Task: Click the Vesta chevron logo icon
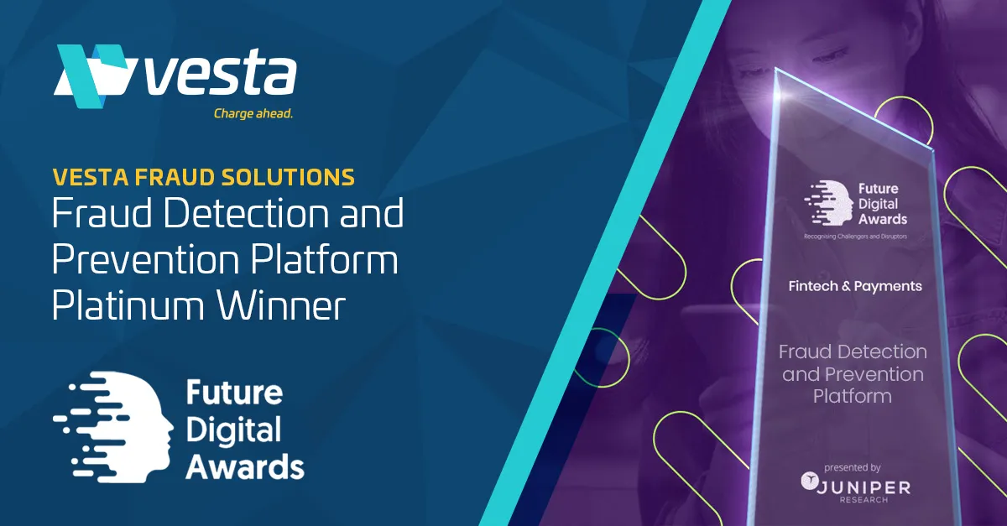point(93,75)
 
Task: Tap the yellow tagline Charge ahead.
point(253,114)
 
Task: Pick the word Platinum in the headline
point(128,305)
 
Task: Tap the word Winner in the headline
point(281,305)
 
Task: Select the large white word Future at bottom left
point(234,393)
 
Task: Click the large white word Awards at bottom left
point(245,466)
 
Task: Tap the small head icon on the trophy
point(828,203)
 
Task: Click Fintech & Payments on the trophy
point(855,286)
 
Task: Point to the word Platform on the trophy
point(853,396)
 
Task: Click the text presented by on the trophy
point(852,467)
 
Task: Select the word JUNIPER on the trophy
point(864,487)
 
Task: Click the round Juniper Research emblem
point(809,482)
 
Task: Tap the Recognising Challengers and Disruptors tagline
point(855,237)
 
